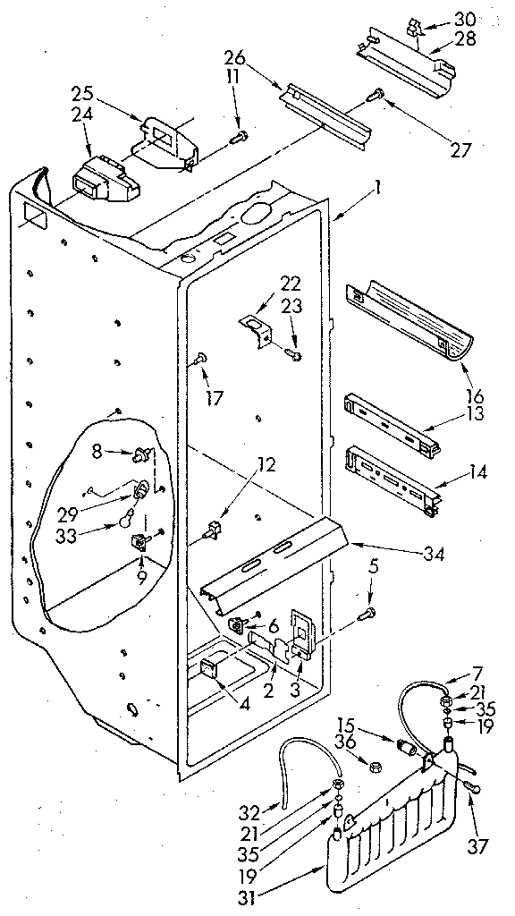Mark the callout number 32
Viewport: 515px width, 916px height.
point(250,813)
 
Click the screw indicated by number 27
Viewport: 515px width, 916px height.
point(379,92)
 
